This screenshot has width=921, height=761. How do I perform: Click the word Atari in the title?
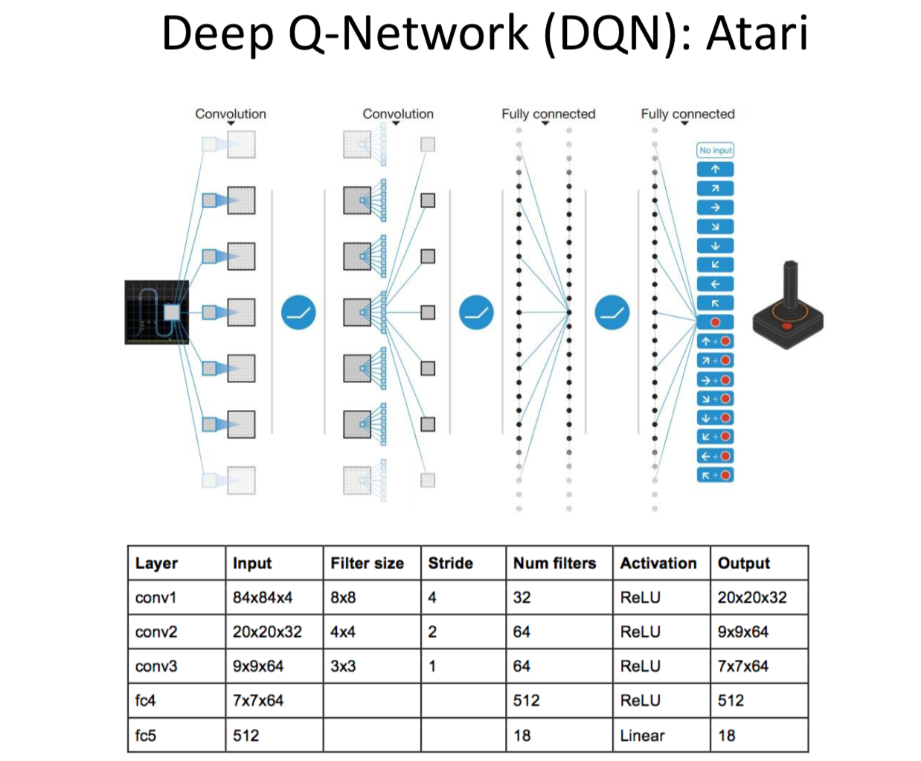[x=757, y=33]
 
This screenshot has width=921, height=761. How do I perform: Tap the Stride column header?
[x=450, y=563]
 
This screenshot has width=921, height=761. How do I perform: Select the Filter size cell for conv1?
[x=343, y=597]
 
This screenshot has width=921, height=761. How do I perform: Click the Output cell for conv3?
[x=742, y=666]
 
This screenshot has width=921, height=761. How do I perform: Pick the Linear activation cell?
[x=642, y=735]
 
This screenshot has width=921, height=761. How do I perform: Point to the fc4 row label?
[x=146, y=700]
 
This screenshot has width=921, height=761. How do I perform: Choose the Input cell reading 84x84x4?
[x=262, y=597]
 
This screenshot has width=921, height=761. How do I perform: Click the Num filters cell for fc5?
[x=522, y=735]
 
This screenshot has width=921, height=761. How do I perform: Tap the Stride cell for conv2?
[x=432, y=632]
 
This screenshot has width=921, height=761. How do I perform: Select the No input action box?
[x=715, y=150]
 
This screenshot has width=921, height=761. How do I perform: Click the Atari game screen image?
[x=156, y=312]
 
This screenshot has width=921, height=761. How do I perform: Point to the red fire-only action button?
[x=715, y=322]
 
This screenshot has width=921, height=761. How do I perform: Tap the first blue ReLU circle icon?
[x=298, y=312]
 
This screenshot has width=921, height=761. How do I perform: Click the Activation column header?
[x=658, y=563]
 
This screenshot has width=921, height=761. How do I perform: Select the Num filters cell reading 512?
[x=526, y=700]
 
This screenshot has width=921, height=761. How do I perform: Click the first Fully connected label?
[x=548, y=114]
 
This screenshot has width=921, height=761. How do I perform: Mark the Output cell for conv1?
[x=751, y=597]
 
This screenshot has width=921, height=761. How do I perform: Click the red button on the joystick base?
[x=786, y=326]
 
